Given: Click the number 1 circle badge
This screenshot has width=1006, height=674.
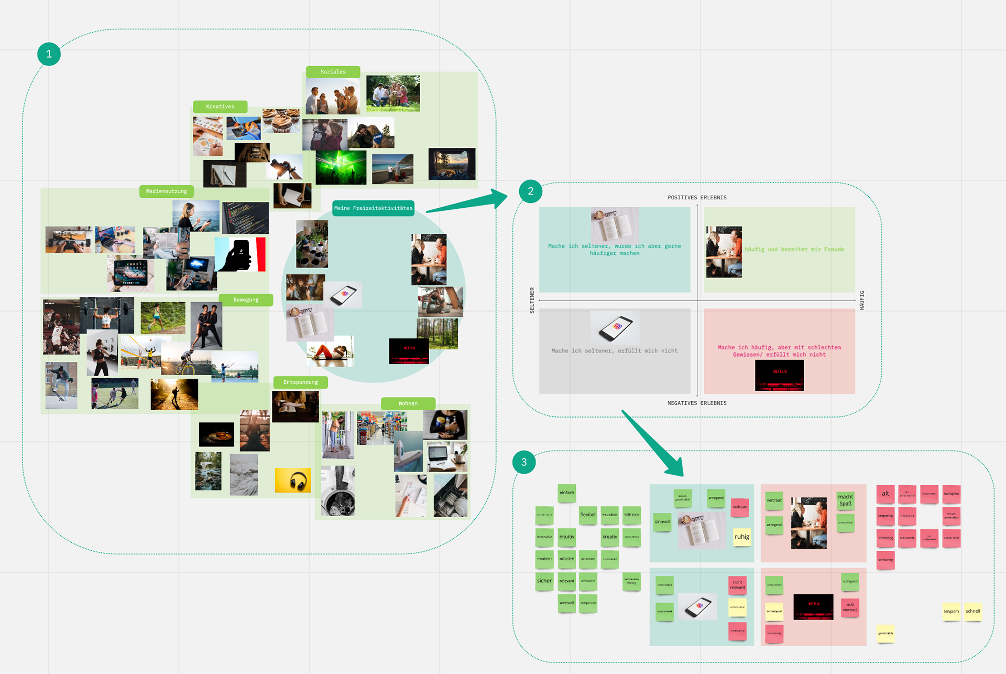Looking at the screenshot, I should [49, 54].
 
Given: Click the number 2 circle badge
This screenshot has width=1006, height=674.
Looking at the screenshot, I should [530, 191].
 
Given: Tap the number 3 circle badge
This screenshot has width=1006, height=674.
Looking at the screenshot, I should [523, 462].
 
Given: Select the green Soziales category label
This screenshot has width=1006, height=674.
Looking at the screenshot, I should [333, 72].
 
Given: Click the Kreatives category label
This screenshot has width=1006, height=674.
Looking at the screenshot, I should [220, 106].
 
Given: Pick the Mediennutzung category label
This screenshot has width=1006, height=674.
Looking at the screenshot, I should [166, 191].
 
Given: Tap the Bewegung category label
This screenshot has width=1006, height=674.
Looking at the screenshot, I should [246, 300].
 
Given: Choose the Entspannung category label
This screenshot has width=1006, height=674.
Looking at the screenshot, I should [300, 382].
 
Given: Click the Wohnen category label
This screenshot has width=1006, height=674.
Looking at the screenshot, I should [408, 403].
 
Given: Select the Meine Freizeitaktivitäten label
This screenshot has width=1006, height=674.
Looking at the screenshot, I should [373, 208].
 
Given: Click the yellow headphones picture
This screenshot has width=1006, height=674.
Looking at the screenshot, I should [293, 480].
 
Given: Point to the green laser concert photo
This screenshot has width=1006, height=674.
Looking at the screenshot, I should [341, 167].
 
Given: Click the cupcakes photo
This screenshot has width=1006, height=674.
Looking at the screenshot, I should [281, 121].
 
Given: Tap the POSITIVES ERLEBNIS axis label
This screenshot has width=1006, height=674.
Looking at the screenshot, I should [697, 198].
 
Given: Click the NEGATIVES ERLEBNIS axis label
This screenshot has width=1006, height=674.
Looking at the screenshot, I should [697, 403].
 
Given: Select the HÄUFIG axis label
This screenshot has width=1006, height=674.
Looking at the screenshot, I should [862, 300].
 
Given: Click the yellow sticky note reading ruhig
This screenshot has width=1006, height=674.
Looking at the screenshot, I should [741, 537].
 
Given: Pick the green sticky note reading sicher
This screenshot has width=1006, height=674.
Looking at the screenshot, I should [544, 581].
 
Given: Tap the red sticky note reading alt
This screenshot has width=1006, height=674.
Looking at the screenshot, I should [885, 494].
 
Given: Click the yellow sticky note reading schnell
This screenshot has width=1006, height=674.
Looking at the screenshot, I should [973, 612].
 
